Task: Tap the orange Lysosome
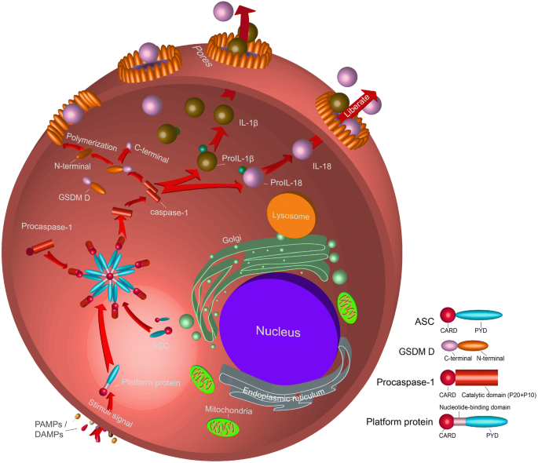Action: point(285,215)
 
